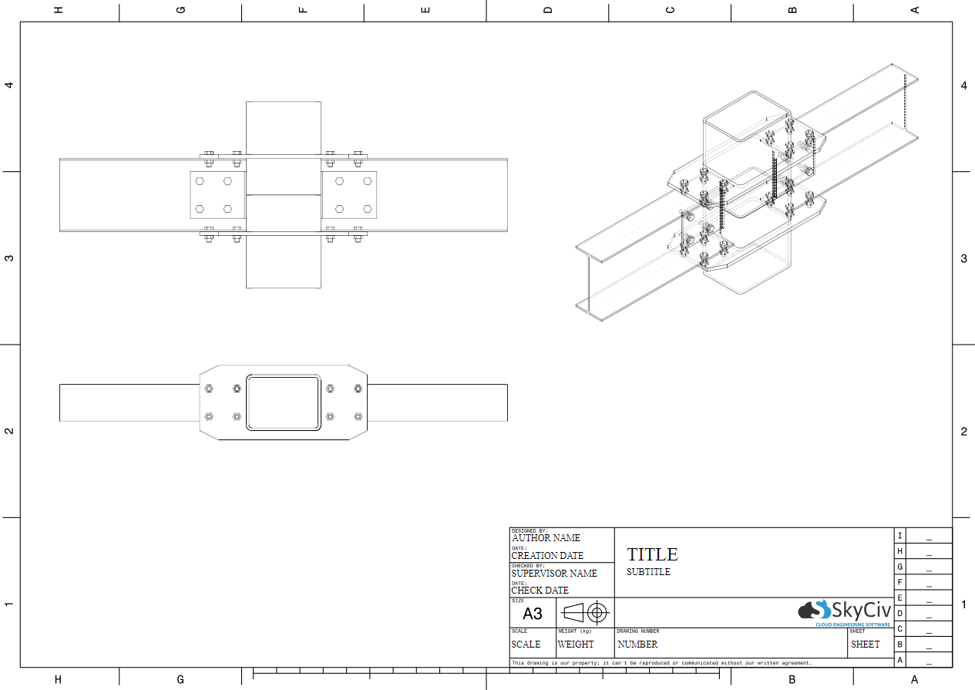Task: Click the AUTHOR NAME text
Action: click(546, 538)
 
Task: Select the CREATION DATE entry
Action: click(547, 556)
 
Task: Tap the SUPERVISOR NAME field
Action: click(554, 574)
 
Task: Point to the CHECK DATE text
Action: click(540, 591)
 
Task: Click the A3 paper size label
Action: click(533, 614)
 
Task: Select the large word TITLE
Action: click(652, 554)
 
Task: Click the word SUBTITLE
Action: click(648, 572)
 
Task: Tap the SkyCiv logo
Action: click(845, 611)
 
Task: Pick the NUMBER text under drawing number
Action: click(637, 645)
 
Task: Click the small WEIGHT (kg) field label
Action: click(573, 631)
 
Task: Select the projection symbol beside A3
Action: click(585, 613)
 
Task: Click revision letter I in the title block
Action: click(899, 536)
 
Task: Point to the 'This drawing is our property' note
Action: click(661, 663)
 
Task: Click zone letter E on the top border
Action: click(425, 10)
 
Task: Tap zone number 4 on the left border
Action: click(9, 86)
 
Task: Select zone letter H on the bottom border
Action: click(58, 679)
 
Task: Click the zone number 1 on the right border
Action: click(963, 604)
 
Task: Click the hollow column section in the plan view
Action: click(283, 402)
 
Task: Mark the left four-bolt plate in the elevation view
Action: click(217, 194)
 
